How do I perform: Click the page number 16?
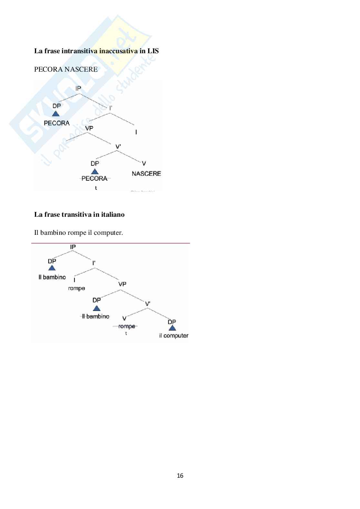click(180, 475)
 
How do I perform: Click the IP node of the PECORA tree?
click(78, 88)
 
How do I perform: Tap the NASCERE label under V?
click(146, 174)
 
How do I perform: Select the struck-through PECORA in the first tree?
click(95, 178)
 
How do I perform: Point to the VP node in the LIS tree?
click(89, 128)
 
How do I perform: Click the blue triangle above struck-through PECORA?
click(95, 171)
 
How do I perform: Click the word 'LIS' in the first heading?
click(153, 51)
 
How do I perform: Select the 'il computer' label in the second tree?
click(174, 335)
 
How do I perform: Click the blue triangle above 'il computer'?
click(172, 328)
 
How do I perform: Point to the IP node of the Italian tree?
click(73, 247)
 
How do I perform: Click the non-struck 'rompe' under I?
click(76, 288)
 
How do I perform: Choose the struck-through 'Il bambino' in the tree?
click(95, 316)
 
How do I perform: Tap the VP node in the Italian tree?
click(122, 284)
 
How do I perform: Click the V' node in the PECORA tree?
click(118, 147)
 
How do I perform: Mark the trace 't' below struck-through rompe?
click(126, 334)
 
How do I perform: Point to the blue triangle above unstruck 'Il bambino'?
click(52, 268)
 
